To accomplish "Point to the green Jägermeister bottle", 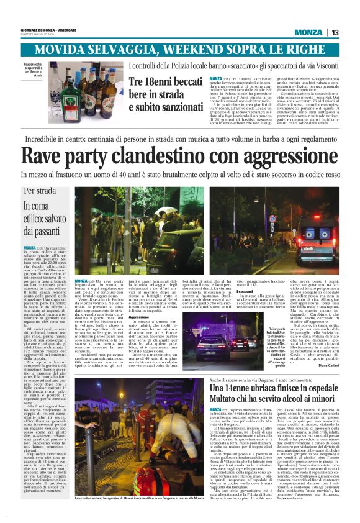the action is click(71, 94).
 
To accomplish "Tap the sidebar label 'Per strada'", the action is click(40, 191).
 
